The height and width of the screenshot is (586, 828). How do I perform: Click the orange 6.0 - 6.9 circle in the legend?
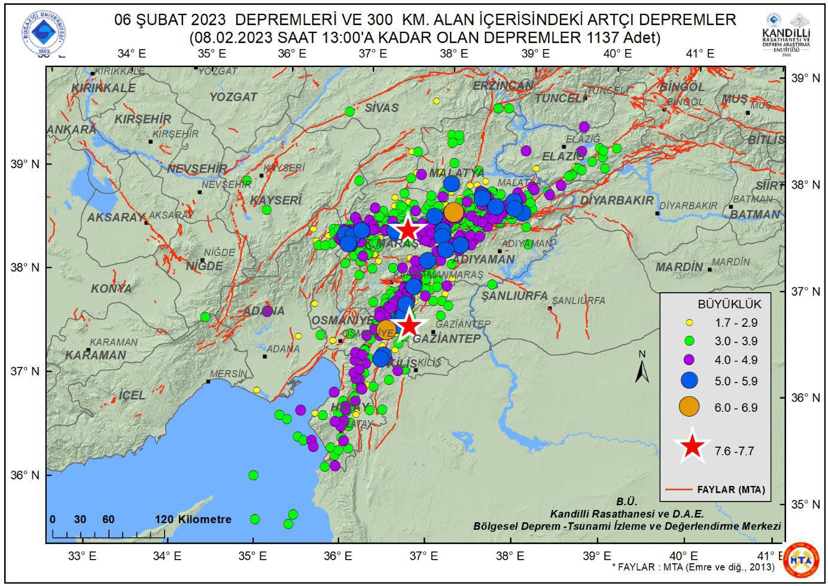pyautogui.click(x=689, y=407)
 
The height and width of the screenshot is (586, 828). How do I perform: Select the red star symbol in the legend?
pyautogui.click(x=692, y=446)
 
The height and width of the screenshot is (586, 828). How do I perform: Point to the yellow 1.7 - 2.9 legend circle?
pyautogui.click(x=689, y=323)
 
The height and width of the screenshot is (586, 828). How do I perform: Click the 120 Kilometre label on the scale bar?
pyautogui.click(x=193, y=519)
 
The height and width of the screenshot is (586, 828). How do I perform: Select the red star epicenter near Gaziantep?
pyautogui.click(x=409, y=325)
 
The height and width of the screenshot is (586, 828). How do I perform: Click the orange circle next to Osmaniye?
pyautogui.click(x=386, y=328)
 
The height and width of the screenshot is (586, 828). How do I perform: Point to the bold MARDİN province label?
pyautogui.click(x=679, y=267)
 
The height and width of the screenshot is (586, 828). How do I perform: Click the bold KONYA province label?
pyautogui.click(x=111, y=289)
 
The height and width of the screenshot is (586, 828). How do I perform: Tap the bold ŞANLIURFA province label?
pyautogui.click(x=514, y=296)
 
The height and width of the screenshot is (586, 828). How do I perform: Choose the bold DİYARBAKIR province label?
pyautogui.click(x=617, y=200)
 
